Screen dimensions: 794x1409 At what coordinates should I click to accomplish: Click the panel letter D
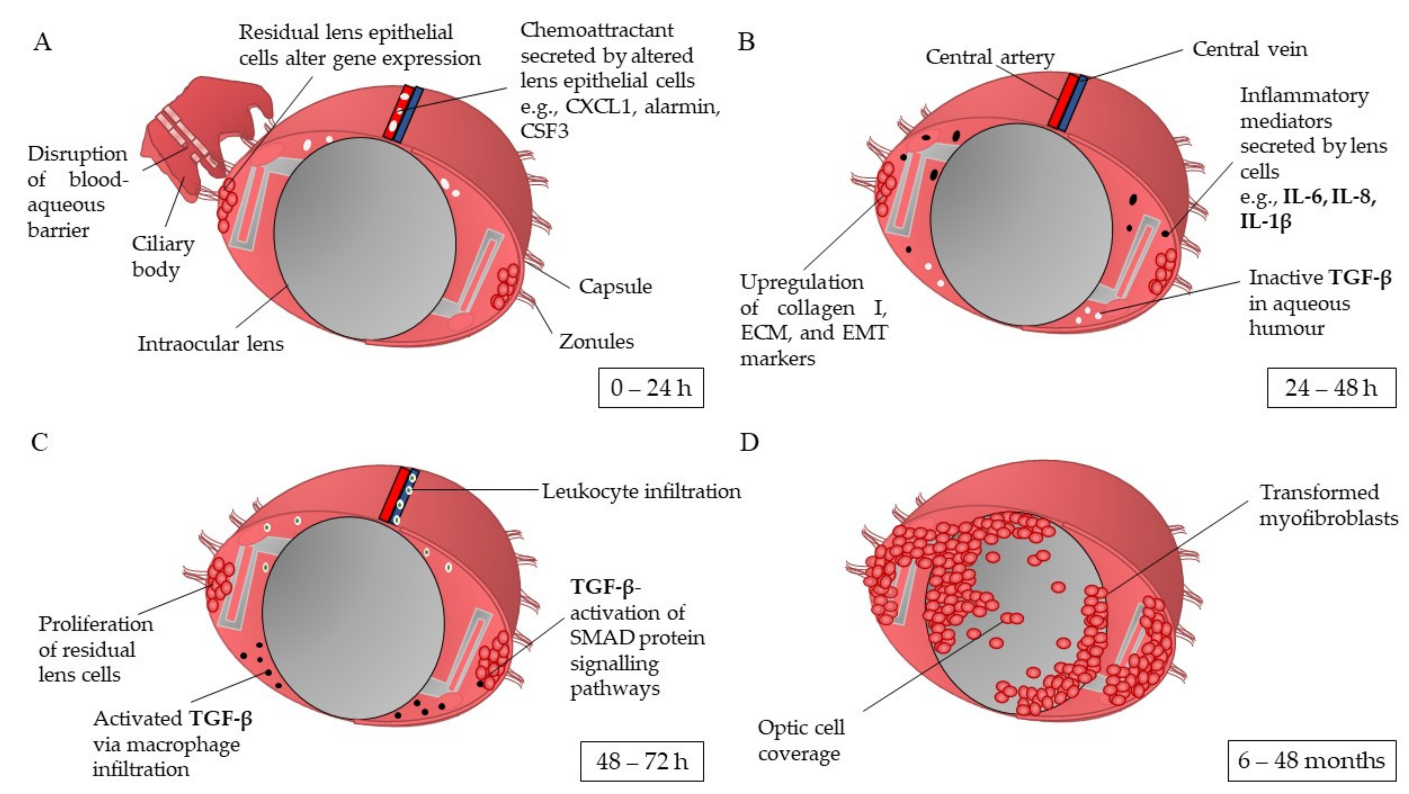click(749, 442)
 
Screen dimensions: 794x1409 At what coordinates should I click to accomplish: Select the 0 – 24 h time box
click(650, 388)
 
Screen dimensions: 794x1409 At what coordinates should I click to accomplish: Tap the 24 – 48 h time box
click(1331, 388)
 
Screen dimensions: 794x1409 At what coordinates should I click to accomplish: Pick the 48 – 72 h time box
click(642, 761)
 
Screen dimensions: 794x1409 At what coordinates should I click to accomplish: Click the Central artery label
click(990, 57)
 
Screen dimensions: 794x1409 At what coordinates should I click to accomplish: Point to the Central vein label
click(1249, 49)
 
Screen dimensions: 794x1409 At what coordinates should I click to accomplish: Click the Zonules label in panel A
click(596, 342)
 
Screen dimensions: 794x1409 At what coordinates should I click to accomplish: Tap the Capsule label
click(615, 286)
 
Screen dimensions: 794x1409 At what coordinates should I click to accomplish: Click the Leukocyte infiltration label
click(641, 491)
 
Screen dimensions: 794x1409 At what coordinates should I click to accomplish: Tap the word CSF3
click(544, 131)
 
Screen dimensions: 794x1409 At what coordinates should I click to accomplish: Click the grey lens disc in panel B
click(1021, 224)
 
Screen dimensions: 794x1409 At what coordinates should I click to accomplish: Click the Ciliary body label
click(163, 256)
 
